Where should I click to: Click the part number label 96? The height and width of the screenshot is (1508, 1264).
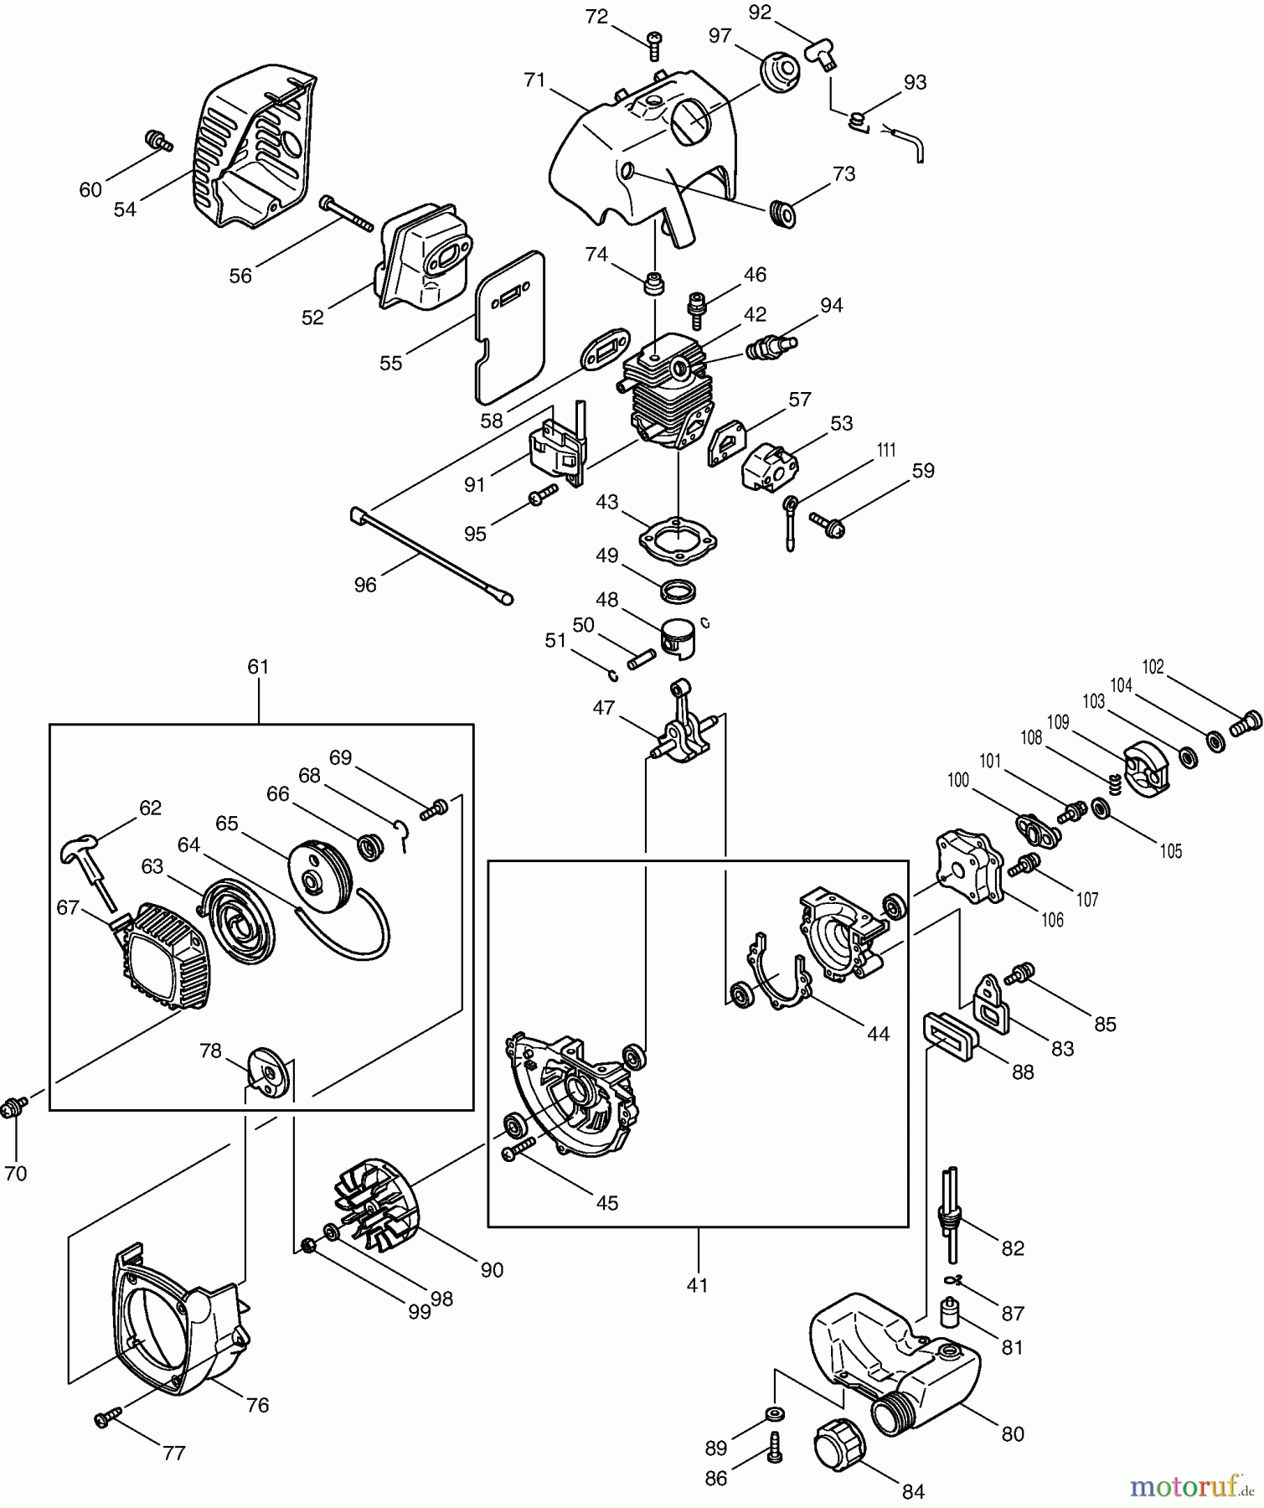click(365, 585)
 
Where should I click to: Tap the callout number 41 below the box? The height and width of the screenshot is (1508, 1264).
click(697, 1285)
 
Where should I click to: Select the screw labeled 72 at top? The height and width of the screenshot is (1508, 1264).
click(654, 46)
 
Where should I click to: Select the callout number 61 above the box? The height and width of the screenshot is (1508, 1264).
click(258, 667)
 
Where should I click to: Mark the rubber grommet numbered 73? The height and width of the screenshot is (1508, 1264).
click(784, 214)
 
